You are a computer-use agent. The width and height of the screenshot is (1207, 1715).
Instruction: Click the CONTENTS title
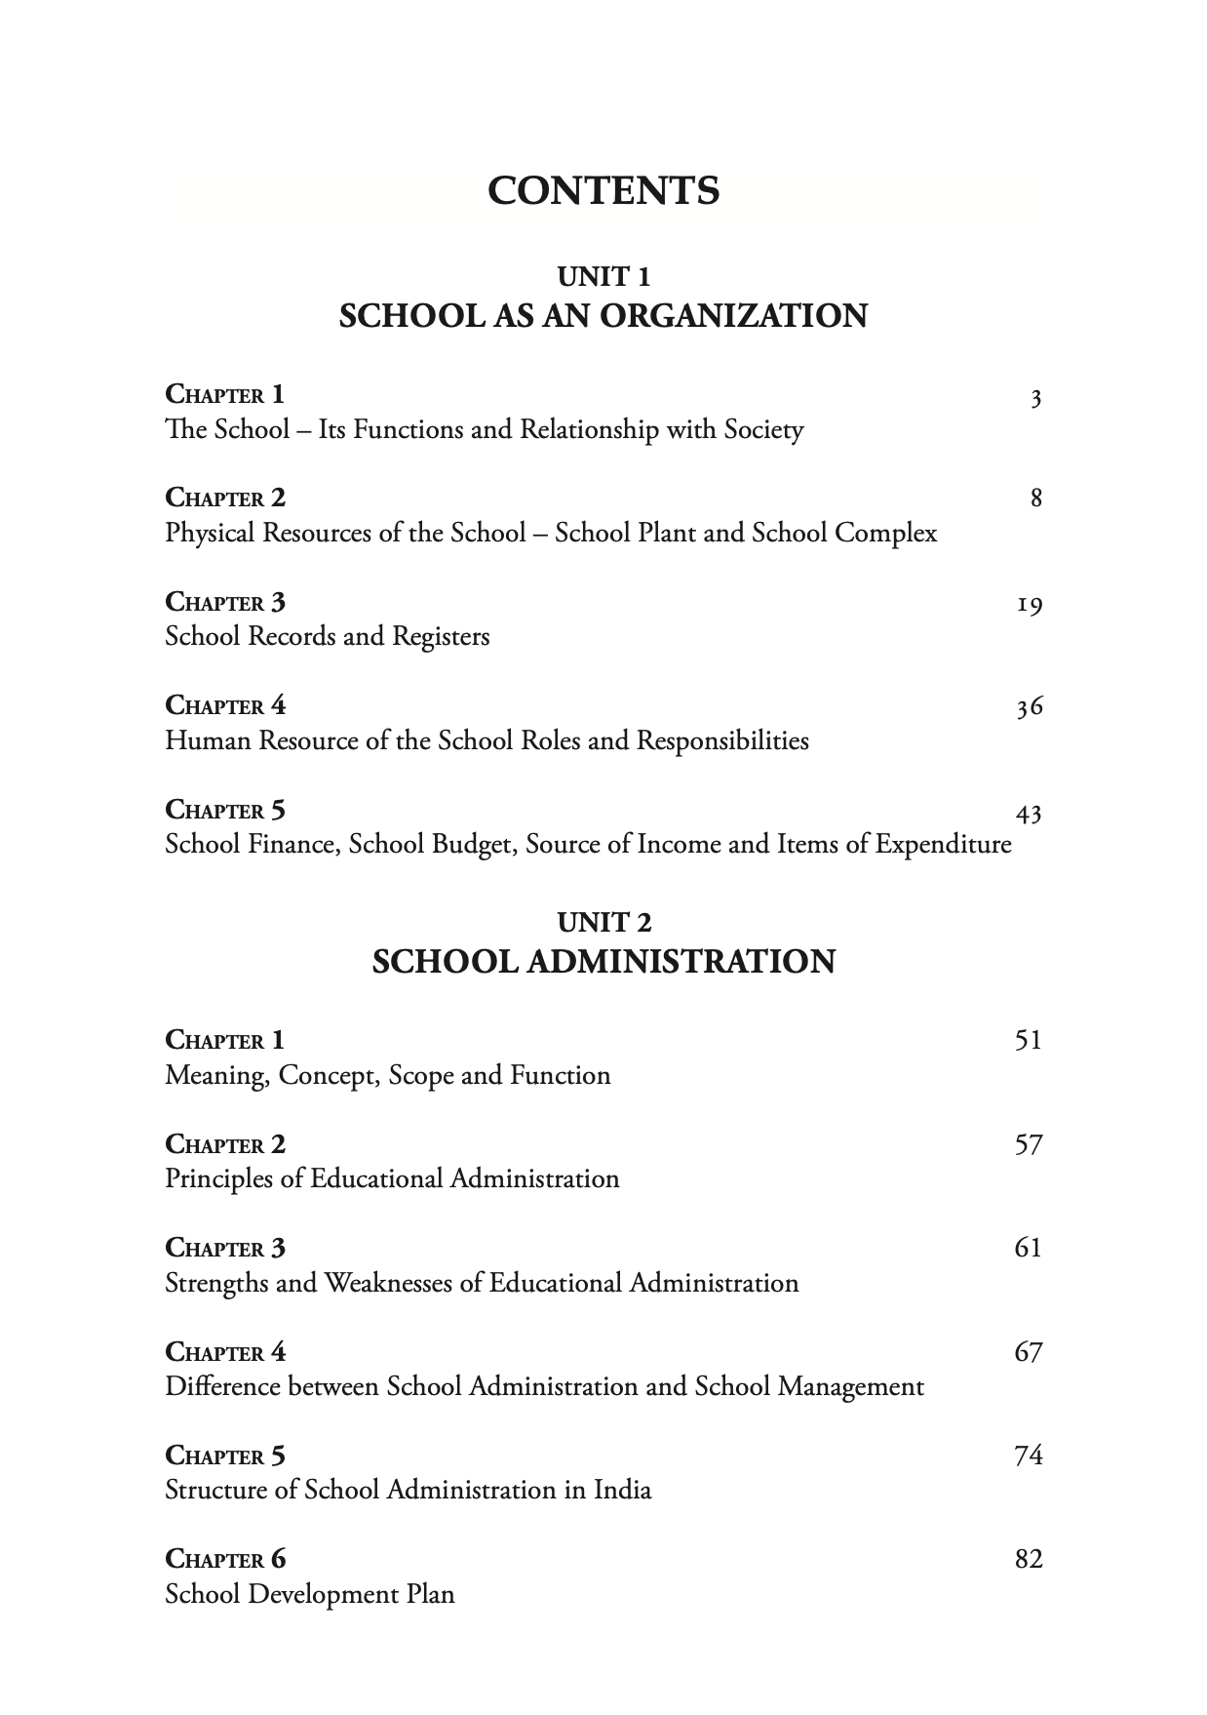tap(603, 190)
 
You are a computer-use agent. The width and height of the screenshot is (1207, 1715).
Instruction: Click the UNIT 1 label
tap(603, 277)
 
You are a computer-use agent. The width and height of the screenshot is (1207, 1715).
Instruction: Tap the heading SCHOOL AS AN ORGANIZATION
tap(603, 316)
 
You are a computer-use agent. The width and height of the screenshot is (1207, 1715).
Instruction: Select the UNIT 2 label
tap(603, 922)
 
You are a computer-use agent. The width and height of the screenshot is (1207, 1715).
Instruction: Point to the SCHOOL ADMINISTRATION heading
tap(603, 962)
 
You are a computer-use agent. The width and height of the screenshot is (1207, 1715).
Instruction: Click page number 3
tap(1036, 398)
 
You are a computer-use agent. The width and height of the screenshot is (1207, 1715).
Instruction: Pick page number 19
tap(1030, 606)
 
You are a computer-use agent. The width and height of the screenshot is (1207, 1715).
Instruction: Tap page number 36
tap(1030, 708)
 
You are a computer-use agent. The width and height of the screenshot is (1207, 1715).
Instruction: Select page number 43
tap(1029, 813)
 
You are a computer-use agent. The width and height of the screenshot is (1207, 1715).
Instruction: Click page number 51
tap(1029, 1040)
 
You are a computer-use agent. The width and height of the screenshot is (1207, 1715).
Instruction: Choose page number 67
tap(1029, 1352)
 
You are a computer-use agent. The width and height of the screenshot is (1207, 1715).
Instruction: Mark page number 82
tap(1029, 1559)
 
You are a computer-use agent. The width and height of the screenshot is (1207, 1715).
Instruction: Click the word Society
tap(763, 430)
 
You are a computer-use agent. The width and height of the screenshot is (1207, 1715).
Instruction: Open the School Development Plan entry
tap(310, 1594)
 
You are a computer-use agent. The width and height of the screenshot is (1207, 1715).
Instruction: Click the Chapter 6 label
tap(225, 1559)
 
